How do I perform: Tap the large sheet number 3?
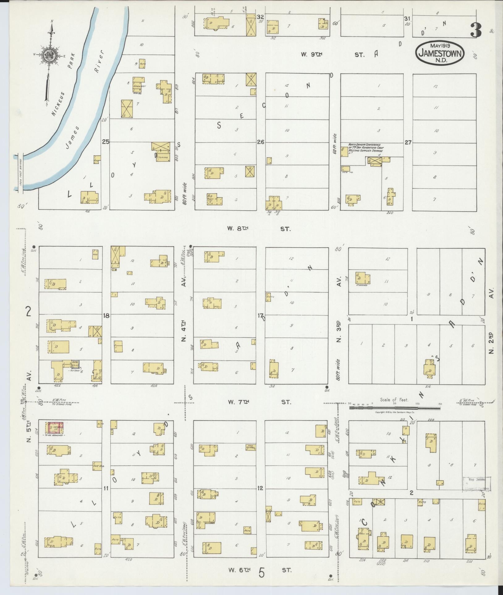tap(476, 30)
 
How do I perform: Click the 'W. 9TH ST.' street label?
tap(333, 55)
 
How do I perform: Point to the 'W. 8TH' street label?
tap(238, 229)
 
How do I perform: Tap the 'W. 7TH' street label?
tap(238, 402)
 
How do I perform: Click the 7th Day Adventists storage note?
tap(366, 148)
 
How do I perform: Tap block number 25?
tap(106, 142)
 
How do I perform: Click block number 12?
tap(260, 488)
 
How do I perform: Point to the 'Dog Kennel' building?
tap(251, 447)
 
